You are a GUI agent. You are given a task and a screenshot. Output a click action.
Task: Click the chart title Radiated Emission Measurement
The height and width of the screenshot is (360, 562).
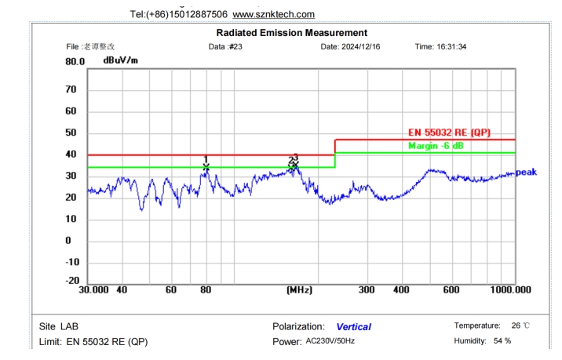click(x=291, y=33)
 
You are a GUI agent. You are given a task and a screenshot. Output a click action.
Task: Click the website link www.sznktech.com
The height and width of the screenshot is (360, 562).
click(x=274, y=14)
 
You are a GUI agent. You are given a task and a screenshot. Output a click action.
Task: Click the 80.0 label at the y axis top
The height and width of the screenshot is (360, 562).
click(x=75, y=61)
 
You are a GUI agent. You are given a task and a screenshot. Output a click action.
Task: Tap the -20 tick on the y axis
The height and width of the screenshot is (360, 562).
click(x=73, y=280)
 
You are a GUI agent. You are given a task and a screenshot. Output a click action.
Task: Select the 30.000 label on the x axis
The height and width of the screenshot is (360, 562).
click(x=94, y=290)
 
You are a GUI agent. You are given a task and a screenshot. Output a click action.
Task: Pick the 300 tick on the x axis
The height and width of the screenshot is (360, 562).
click(x=367, y=290)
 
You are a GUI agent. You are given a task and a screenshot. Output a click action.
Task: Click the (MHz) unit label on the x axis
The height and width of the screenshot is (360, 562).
click(x=299, y=290)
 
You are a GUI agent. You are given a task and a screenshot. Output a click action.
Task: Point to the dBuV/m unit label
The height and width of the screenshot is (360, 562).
click(x=120, y=60)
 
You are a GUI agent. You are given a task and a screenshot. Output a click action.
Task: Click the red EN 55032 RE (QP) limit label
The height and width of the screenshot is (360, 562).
click(x=450, y=133)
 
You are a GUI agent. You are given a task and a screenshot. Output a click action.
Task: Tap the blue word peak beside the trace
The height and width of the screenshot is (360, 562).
click(x=526, y=172)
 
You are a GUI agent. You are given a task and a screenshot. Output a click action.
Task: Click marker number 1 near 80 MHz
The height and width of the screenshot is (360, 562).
click(x=206, y=159)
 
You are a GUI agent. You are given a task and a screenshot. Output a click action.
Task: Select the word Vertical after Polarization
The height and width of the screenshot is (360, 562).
click(x=353, y=326)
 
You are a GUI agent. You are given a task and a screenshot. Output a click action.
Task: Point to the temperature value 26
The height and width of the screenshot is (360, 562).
click(x=516, y=325)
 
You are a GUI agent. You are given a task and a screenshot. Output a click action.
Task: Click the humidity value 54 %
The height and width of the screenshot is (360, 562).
click(x=502, y=340)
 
